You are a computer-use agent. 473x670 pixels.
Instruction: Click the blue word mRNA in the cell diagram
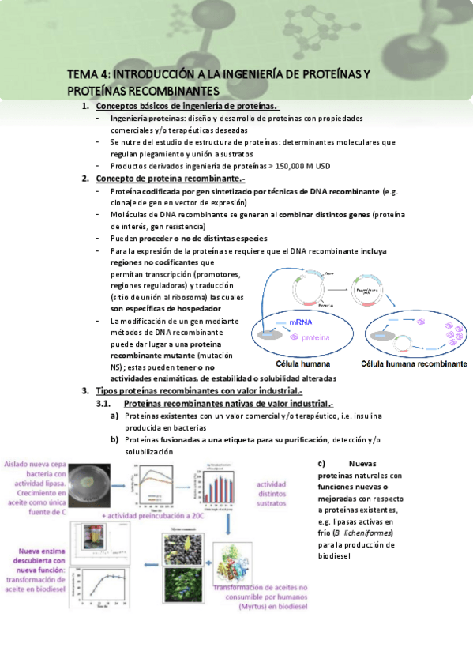(x=300, y=323)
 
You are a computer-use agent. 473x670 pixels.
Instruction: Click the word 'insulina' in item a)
(x=350, y=415)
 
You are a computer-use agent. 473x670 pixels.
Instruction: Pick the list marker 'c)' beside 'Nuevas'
(x=322, y=464)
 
